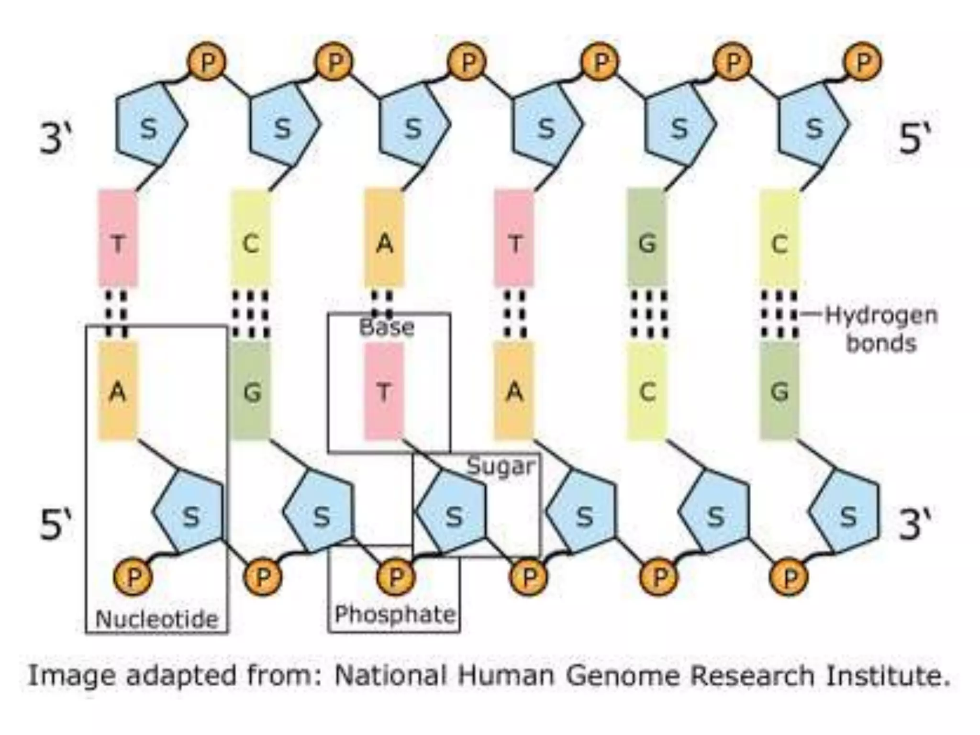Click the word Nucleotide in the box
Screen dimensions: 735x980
(x=157, y=619)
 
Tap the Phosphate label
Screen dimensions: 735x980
(x=395, y=614)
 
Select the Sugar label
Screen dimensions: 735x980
(x=501, y=467)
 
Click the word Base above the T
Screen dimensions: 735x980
(x=387, y=328)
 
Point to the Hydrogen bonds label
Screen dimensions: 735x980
(x=881, y=329)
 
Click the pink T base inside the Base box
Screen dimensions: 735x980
(x=384, y=391)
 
